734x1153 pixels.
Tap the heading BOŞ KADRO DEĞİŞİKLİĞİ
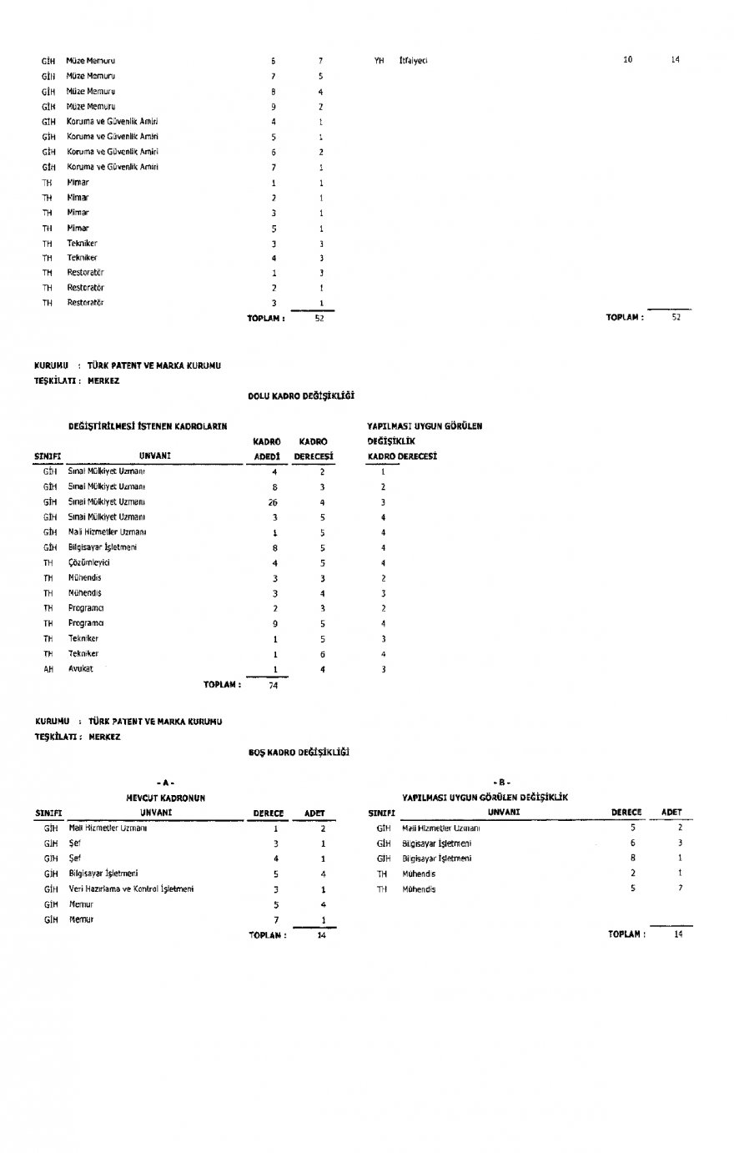299,753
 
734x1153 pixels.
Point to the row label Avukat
80,669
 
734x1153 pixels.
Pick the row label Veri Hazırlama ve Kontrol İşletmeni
131,889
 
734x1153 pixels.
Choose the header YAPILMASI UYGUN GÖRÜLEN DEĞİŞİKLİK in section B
485,798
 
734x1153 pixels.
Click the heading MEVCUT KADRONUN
166,798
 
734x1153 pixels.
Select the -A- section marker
164,783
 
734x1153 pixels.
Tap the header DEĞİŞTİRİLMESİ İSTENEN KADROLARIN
148,426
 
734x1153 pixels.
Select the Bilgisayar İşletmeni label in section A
103,874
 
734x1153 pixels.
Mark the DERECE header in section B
626,812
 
